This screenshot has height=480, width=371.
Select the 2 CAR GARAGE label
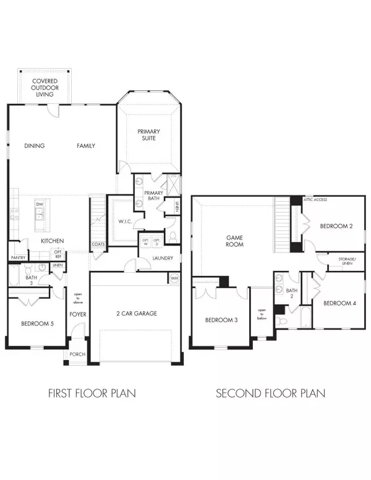coord(137,314)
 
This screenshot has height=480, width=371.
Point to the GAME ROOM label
coord(234,240)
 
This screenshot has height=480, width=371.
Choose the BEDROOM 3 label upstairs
coord(221,320)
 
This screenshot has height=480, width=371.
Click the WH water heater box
coord(175,279)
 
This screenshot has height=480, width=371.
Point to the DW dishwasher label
coord(39,204)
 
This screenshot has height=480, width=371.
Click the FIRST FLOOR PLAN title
coord(92,393)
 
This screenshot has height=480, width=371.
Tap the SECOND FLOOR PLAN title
coord(270,393)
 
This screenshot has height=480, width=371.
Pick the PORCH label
coord(77,354)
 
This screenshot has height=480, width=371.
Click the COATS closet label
coord(98,244)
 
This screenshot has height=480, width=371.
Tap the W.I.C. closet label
coord(122,221)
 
